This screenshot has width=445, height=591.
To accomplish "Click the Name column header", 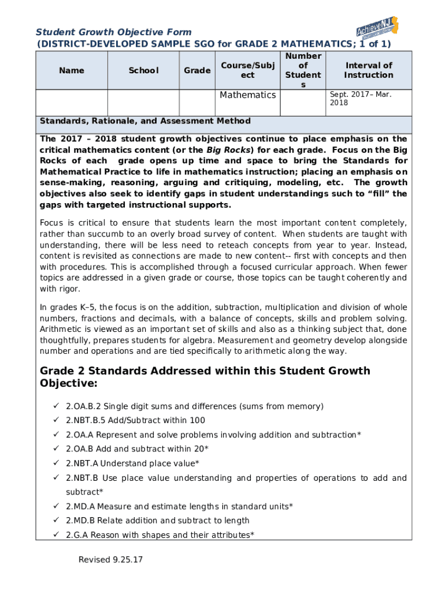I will click(71, 70).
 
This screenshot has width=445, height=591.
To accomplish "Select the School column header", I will click(143, 70).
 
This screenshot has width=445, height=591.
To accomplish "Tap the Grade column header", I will click(197, 70).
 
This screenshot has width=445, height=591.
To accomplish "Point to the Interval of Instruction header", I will click(368, 70).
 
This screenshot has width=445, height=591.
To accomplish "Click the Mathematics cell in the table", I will click(247, 95).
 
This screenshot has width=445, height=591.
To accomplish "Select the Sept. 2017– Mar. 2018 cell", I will click(361, 98).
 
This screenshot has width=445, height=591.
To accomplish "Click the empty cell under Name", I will click(71, 103).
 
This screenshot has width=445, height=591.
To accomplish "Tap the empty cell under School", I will click(143, 103).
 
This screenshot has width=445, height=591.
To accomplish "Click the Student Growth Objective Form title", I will click(114, 32).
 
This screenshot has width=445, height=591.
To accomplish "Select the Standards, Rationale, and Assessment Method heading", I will click(145, 121).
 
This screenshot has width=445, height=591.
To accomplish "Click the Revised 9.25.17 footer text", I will click(112, 560).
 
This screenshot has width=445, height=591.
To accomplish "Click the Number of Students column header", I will click(303, 70).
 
